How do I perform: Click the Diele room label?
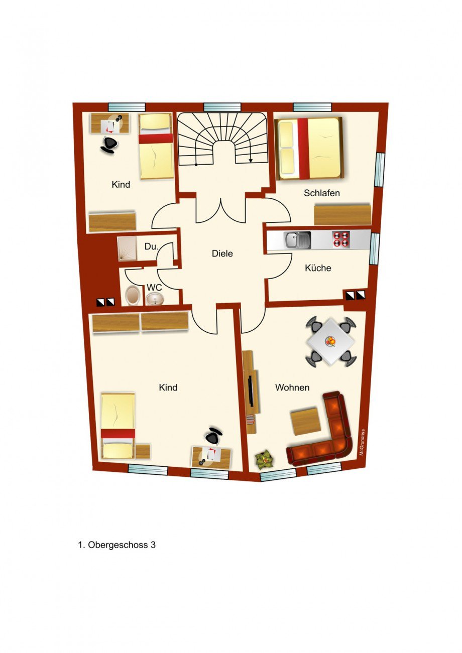click(x=222, y=253)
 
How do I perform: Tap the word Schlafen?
click(x=322, y=193)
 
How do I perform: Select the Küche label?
click(x=318, y=268)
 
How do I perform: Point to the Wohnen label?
click(x=292, y=387)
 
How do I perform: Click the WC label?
click(x=154, y=288)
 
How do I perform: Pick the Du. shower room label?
click(x=151, y=246)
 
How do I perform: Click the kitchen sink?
click(x=297, y=240)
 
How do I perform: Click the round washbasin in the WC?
click(x=154, y=299)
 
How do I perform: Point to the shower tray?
click(x=127, y=248)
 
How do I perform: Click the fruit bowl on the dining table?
click(x=331, y=341)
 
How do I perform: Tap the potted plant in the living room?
click(x=265, y=461)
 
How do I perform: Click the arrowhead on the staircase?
click(x=251, y=160)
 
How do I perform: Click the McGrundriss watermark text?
click(x=362, y=442)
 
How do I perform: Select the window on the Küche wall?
click(x=375, y=248)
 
